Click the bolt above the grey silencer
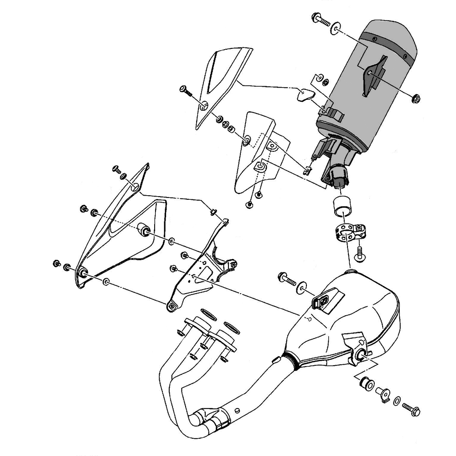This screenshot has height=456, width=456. pyautogui.click(x=319, y=20)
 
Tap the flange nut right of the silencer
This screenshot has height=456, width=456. pyautogui.click(x=415, y=98)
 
